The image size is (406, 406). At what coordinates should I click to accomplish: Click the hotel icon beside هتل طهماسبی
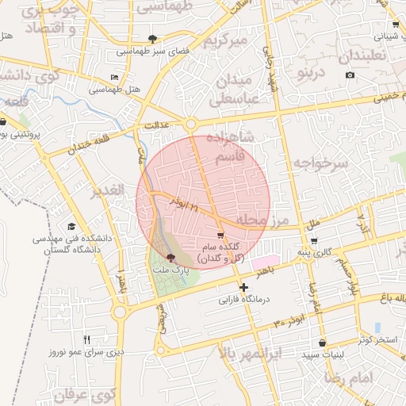115,78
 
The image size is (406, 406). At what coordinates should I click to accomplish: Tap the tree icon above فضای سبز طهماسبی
151,37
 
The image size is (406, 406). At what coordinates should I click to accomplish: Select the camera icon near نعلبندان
350,75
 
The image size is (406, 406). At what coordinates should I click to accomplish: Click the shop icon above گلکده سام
220,235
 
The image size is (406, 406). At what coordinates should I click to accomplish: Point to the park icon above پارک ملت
170,257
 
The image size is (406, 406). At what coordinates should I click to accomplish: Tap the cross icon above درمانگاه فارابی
243,287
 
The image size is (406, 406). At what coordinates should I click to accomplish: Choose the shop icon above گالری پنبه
314,240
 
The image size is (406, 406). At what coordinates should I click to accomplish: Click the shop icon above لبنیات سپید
322,343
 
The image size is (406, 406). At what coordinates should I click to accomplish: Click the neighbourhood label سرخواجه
320,163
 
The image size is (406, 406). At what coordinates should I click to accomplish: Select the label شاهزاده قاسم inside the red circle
230,147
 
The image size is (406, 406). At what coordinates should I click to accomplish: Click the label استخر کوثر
375,340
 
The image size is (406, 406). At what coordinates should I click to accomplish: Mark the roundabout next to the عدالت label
191,124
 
